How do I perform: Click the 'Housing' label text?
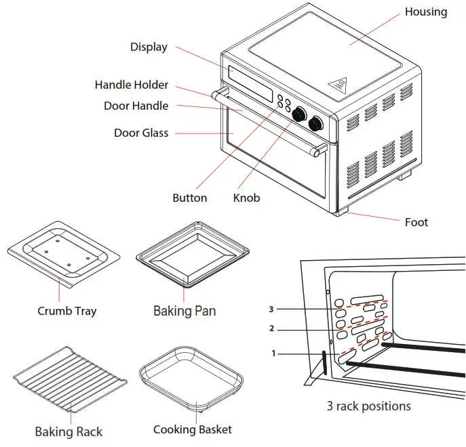[425, 12]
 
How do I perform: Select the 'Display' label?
[149, 47]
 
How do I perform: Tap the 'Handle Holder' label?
[131, 85]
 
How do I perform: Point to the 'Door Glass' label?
[140, 133]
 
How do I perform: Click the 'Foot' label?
[416, 222]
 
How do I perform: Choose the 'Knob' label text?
[246, 198]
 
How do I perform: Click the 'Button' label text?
[189, 198]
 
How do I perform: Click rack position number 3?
[271, 310]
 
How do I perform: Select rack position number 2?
[271, 329]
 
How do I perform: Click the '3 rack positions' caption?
[368, 406]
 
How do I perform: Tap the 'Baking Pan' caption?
[185, 311]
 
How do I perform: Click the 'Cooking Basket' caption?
[192, 429]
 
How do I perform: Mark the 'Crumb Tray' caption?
[66, 311]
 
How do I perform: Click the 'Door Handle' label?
[136, 106]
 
